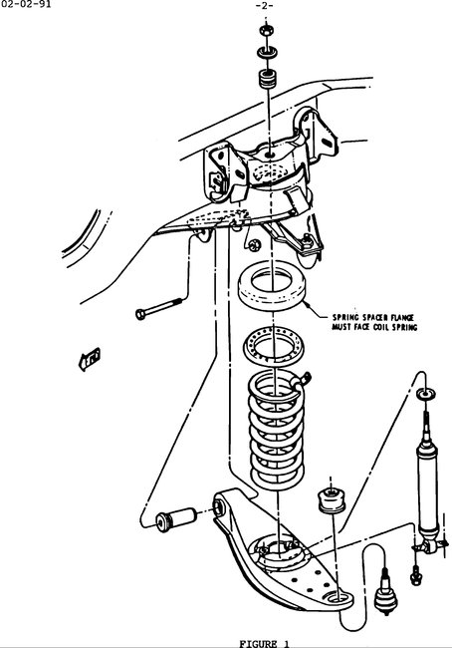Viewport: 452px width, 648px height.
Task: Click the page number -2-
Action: [265, 6]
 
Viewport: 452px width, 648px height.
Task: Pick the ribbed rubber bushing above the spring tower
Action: [267, 78]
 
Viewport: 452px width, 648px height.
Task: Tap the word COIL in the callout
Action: [387, 326]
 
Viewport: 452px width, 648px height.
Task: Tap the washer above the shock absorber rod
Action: [426, 396]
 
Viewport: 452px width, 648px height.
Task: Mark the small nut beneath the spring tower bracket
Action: [256, 245]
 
